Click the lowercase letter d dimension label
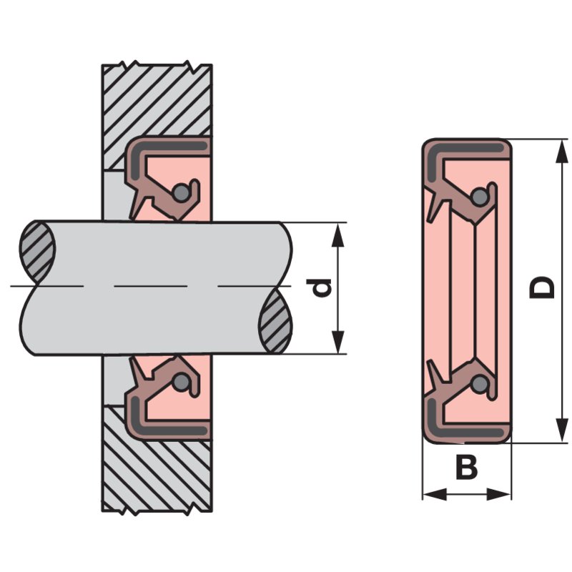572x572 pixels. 323,287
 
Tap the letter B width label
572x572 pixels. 466,469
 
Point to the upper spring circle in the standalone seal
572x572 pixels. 480,195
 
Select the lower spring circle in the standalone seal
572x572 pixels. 480,385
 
